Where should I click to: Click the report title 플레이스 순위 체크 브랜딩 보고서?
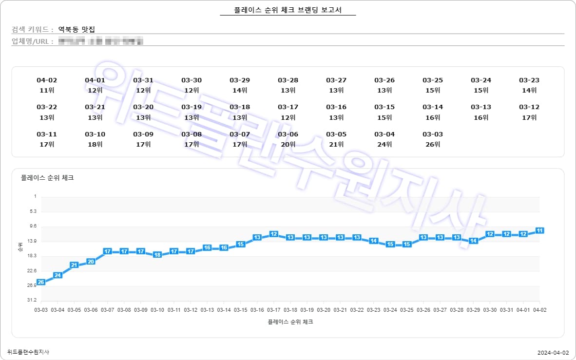[x=288, y=10]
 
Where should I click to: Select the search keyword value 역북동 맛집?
[x=76, y=29]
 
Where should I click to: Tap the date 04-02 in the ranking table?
[x=47, y=80]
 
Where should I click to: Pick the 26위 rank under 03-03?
[x=433, y=144]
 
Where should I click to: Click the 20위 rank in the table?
[x=288, y=144]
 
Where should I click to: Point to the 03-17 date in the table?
[x=288, y=107]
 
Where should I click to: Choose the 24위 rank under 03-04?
[x=384, y=144]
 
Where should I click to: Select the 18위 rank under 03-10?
[x=95, y=144]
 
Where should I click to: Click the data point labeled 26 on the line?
[x=41, y=282]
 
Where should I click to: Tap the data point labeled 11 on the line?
[x=539, y=230]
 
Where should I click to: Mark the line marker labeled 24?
[x=58, y=275]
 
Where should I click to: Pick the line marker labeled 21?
[x=74, y=265]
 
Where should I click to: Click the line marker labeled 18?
[x=157, y=255]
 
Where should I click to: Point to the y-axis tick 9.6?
[x=33, y=227]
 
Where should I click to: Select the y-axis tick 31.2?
[x=33, y=301]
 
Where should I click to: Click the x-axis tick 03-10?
[x=157, y=310]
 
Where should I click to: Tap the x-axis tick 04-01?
[x=523, y=310]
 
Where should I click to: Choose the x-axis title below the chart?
[x=290, y=322]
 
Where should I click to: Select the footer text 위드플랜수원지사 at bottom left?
[x=28, y=352]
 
